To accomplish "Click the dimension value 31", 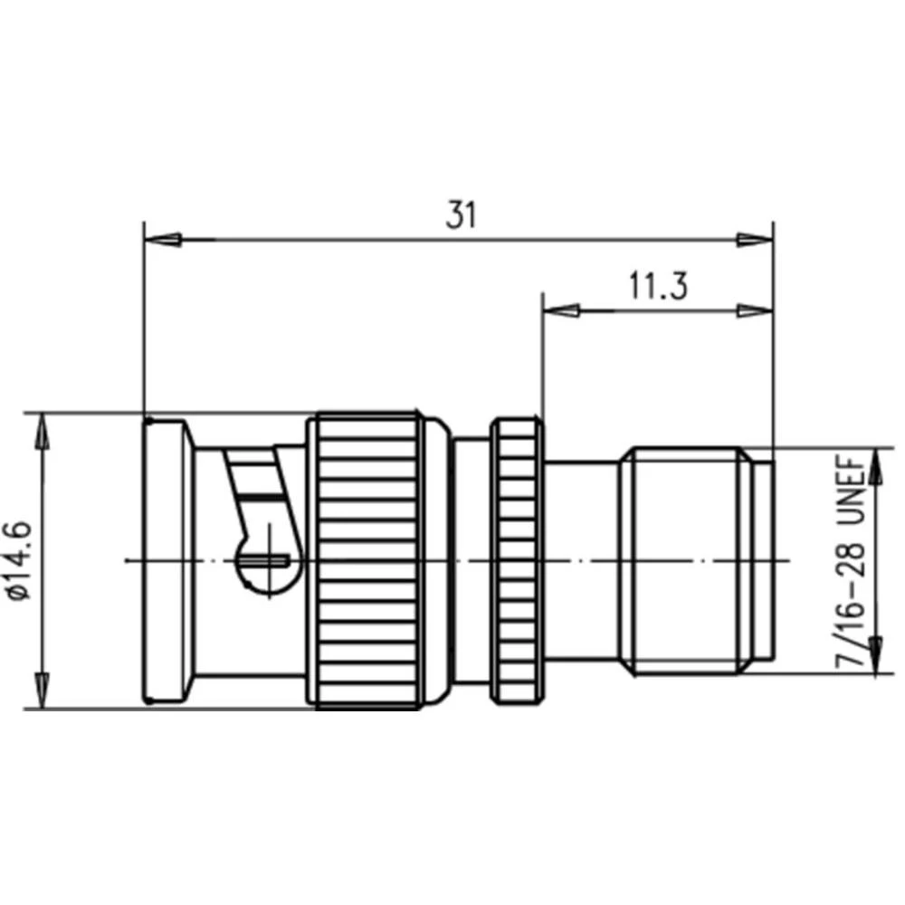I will (x=461, y=215).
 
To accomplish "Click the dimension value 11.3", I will (x=659, y=286).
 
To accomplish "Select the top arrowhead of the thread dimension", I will (x=875, y=465).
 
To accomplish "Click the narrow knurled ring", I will (x=517, y=559).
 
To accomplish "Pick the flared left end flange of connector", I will (x=167, y=559).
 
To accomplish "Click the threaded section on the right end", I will (x=688, y=559).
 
